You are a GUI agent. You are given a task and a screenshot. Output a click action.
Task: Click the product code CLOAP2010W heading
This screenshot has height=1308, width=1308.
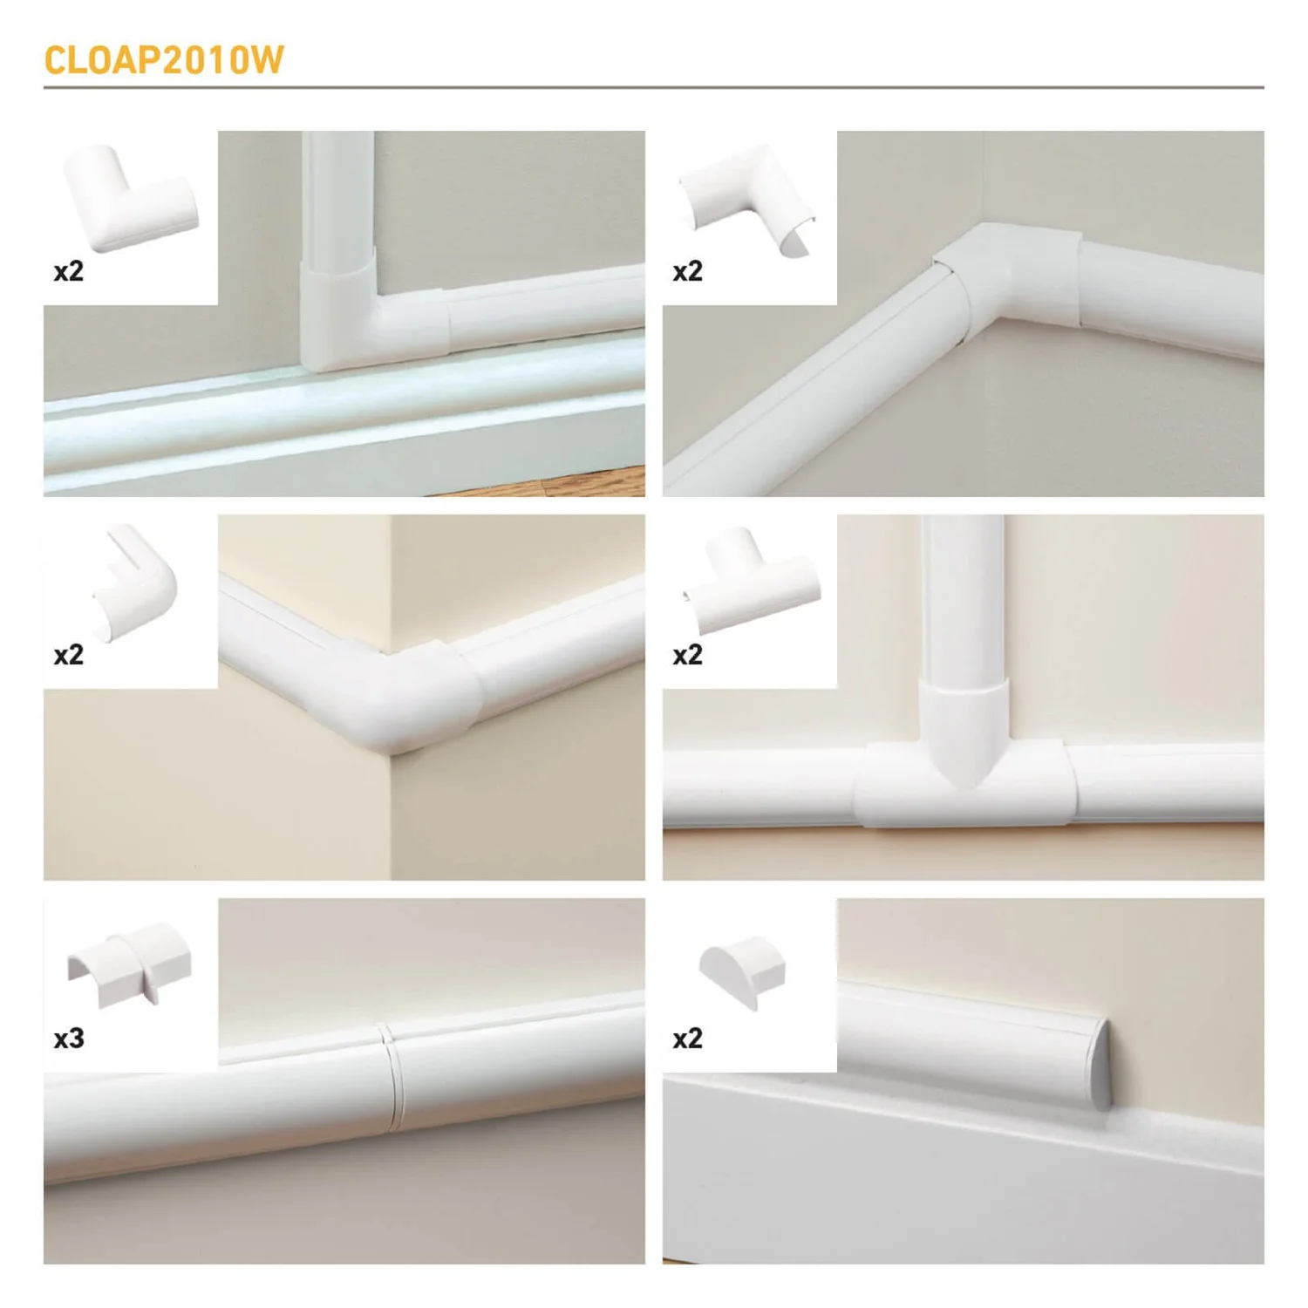tap(164, 60)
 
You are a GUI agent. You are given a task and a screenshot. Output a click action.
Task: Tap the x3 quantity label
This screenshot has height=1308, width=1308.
tap(69, 1038)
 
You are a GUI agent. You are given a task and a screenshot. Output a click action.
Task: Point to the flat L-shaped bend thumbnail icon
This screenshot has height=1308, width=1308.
tap(130, 200)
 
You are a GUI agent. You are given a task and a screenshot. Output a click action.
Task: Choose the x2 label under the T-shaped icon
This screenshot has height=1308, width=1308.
tap(687, 654)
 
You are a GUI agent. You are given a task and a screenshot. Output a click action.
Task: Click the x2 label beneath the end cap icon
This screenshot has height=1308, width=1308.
tap(687, 1038)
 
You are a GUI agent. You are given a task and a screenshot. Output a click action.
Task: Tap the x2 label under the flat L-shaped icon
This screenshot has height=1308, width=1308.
tap(69, 270)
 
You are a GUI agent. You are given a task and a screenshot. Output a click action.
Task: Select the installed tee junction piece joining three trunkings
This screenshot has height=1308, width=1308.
tap(964, 776)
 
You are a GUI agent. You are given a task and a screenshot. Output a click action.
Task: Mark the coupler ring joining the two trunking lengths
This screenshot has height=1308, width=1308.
tap(392, 1077)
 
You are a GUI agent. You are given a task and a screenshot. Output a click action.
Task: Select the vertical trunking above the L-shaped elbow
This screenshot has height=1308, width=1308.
tap(338, 192)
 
